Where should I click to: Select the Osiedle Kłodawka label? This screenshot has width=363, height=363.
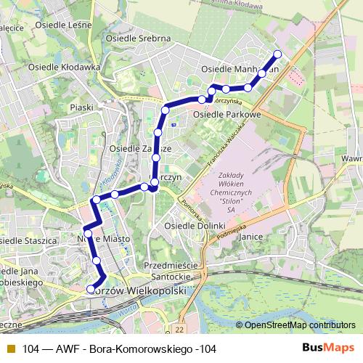point(63,66)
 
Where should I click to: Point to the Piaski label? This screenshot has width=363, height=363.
point(82,107)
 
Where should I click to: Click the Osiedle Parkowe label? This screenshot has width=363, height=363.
point(227,115)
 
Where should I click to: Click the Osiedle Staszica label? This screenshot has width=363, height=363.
point(28,240)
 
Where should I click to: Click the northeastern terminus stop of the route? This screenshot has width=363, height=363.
point(277,54)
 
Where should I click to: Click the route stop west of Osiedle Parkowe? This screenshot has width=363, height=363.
point(166,110)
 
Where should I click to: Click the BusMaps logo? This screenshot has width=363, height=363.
point(328,348)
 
